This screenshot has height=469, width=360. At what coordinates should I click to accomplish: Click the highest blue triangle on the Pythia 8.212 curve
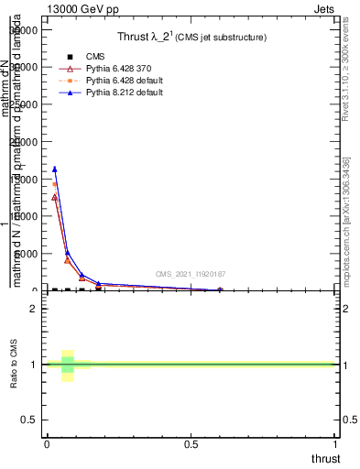(x=55, y=169)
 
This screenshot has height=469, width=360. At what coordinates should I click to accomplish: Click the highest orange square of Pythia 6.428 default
(x=55, y=184)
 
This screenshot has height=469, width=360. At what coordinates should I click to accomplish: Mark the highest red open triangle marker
(x=55, y=197)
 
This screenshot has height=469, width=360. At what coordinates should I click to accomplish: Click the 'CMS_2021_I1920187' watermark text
(x=191, y=274)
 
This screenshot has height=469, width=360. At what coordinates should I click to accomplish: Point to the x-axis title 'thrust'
(x=324, y=459)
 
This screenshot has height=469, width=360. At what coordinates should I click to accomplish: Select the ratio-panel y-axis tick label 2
(x=34, y=309)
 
